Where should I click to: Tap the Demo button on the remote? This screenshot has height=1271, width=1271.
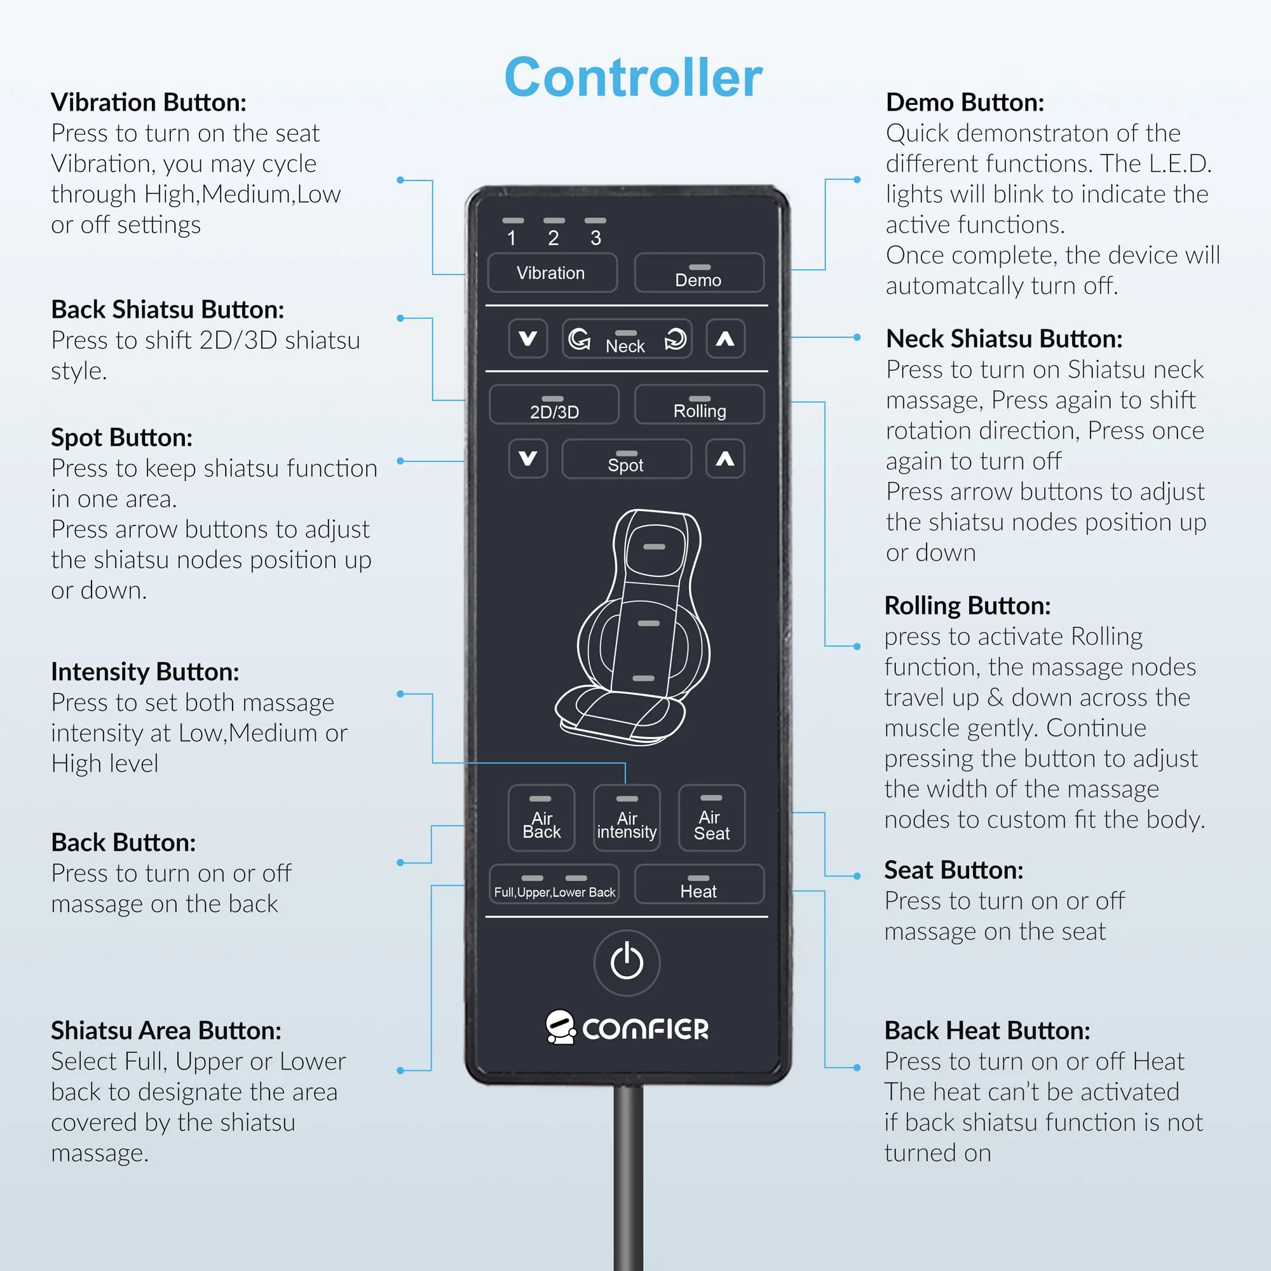[698, 273]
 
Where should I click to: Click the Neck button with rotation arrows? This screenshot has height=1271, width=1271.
[627, 339]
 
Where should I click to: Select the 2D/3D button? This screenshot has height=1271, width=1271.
[554, 405]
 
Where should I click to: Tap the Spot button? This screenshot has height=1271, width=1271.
[627, 459]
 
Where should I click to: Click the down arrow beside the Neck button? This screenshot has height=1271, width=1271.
[527, 339]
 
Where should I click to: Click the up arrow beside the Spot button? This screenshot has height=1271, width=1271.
[725, 459]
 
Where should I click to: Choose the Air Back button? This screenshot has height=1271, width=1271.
[541, 818]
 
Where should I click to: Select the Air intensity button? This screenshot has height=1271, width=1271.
[627, 818]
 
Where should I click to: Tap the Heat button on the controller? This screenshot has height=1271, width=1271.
[698, 884]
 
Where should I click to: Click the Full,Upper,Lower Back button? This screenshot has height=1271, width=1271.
[554, 884]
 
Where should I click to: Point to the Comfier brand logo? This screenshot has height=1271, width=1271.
[627, 1028]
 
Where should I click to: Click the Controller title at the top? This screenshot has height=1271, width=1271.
[634, 77]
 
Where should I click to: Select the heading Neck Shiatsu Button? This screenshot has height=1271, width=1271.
[1004, 339]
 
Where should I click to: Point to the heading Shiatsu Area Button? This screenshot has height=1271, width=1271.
[167, 1031]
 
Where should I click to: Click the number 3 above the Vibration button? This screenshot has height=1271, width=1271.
[595, 238]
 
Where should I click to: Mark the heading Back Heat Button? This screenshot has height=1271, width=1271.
[987, 1031]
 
